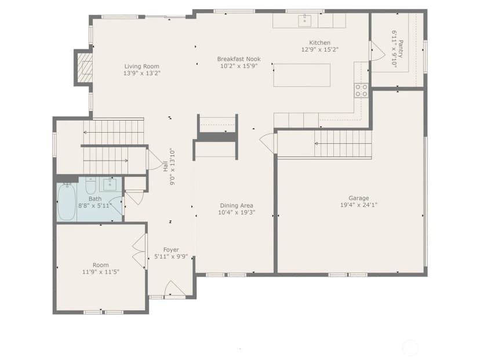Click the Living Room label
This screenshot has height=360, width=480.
pyautogui.click(x=141, y=66)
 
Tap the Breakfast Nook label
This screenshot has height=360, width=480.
pyautogui.click(x=239, y=59)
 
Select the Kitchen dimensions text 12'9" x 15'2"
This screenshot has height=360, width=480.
pyautogui.click(x=320, y=50)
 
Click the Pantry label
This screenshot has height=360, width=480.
pyautogui.click(x=401, y=49)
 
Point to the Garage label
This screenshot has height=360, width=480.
pyautogui.click(x=358, y=198)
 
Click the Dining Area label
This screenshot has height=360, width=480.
pyautogui.click(x=237, y=205)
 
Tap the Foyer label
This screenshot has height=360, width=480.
pyautogui.click(x=171, y=250)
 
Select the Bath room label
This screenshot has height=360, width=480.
pyautogui.click(x=95, y=199)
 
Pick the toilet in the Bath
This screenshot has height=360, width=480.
pyautogui.click(x=90, y=186)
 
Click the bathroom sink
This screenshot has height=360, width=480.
pyautogui.click(x=110, y=184)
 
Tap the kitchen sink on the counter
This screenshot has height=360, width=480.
pyautogui.click(x=305, y=21)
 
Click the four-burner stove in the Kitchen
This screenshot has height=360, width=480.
pyautogui.click(x=361, y=90)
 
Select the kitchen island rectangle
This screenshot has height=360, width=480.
pyautogui.click(x=302, y=75)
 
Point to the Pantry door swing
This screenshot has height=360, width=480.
pyautogui.click(x=378, y=51)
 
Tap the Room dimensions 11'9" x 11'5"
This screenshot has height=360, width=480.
pyautogui.click(x=101, y=272)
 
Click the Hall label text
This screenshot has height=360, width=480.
pyautogui.click(x=166, y=166)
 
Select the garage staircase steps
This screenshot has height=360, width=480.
pyautogui.click(x=343, y=144)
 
